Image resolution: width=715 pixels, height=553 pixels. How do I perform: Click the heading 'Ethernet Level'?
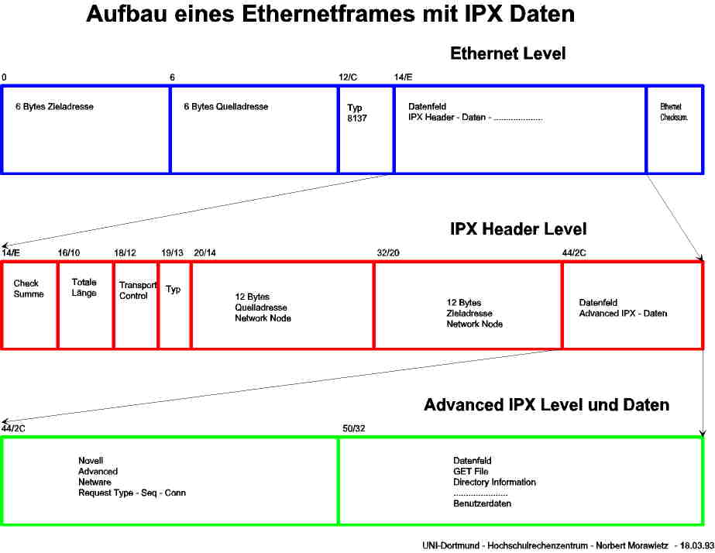(x=507, y=53)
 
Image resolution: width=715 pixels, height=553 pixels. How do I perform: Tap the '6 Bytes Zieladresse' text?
(x=54, y=106)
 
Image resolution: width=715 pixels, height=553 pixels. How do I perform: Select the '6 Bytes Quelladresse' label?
(x=225, y=106)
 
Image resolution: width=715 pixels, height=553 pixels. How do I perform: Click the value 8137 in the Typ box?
(x=357, y=118)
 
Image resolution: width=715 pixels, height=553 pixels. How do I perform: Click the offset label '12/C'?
(x=348, y=77)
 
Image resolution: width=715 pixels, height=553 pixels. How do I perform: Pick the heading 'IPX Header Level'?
(x=518, y=229)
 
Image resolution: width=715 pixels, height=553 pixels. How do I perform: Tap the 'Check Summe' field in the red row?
(x=29, y=289)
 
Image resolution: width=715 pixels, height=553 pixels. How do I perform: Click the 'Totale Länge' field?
(x=84, y=287)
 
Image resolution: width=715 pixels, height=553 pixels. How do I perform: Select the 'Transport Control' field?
(x=136, y=290)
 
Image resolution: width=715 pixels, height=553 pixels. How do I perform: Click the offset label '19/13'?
(x=172, y=252)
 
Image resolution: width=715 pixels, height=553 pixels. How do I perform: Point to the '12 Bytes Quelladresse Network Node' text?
(x=263, y=307)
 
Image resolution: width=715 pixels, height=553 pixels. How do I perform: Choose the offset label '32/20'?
(x=387, y=252)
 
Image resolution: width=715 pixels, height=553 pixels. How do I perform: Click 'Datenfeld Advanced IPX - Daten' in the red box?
(x=622, y=308)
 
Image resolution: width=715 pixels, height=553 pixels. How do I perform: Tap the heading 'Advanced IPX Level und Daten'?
(x=546, y=405)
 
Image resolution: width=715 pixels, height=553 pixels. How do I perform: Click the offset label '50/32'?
(x=353, y=428)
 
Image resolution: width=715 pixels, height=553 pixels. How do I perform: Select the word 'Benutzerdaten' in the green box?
(x=482, y=503)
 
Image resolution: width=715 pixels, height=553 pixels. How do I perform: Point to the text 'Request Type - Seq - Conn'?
(x=132, y=493)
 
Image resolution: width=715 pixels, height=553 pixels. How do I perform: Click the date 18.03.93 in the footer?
(x=697, y=545)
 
